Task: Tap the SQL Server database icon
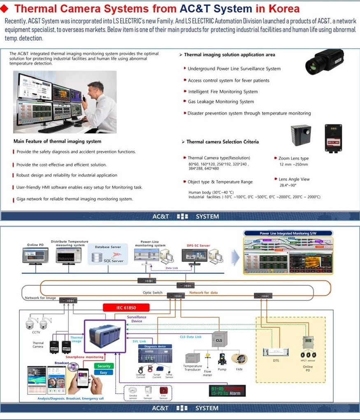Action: tap(98, 257)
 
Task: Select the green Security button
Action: tap(104, 366)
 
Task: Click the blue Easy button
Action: tap(104, 372)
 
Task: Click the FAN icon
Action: tap(239, 359)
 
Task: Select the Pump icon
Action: tap(223, 359)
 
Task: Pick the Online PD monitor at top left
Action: tap(35, 255)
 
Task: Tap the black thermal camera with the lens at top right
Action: tap(323, 62)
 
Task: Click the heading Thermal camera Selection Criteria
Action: tap(223, 142)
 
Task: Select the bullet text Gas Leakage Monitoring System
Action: tap(221, 102)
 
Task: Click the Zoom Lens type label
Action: tap(293, 158)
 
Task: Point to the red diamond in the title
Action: tap(6, 9)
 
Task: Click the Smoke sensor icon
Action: tap(132, 391)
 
